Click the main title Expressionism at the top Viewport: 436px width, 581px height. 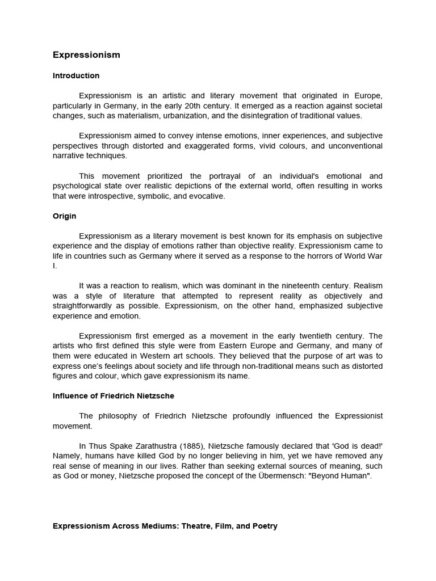[86, 55]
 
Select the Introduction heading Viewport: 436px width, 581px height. [76, 75]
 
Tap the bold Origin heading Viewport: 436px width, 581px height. [64, 216]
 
